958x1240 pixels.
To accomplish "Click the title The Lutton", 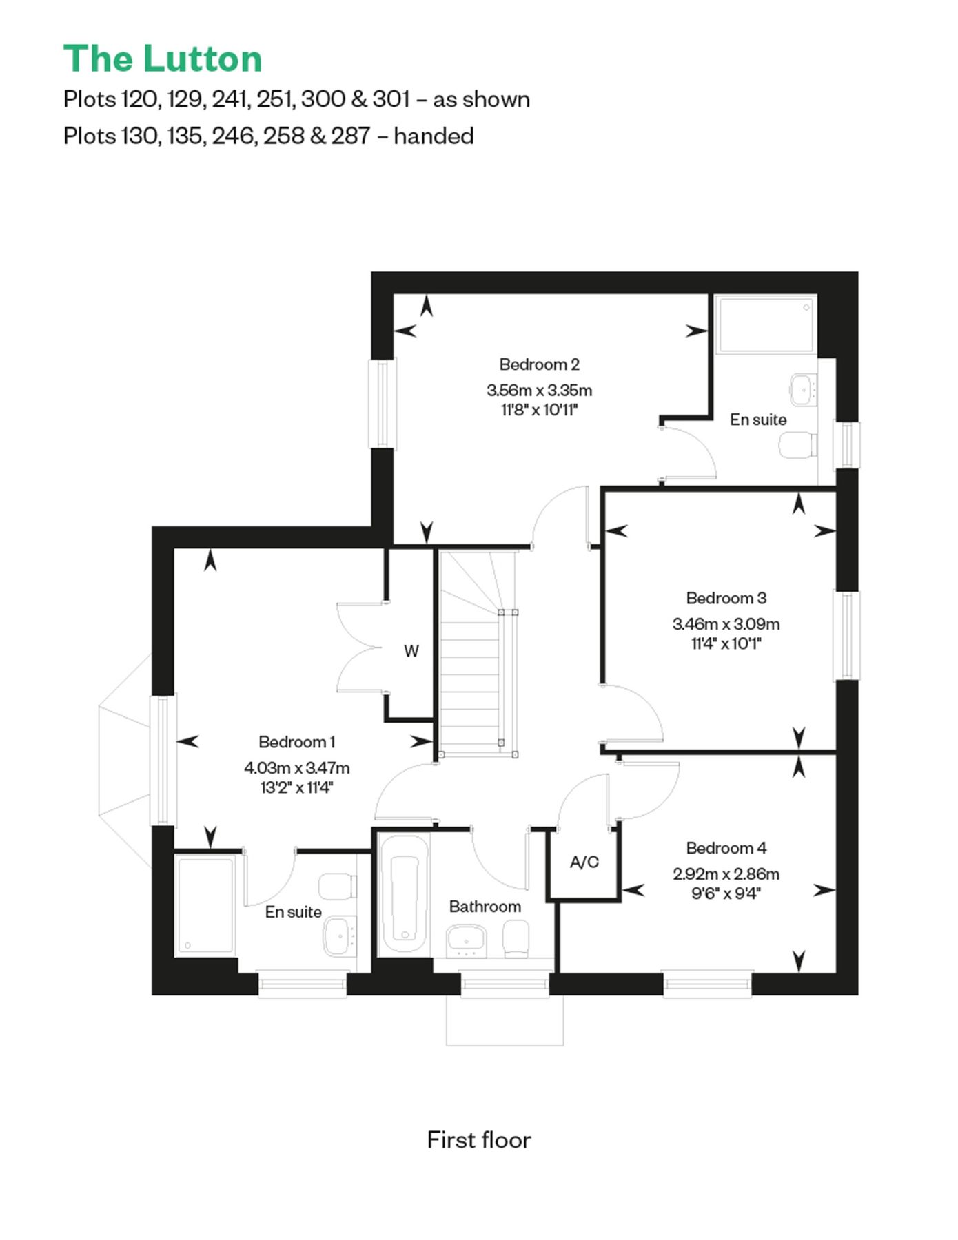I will (163, 59).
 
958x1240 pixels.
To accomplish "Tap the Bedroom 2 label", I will (539, 364).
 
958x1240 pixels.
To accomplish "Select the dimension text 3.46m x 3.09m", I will (726, 624).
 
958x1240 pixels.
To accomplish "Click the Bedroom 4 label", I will (726, 848).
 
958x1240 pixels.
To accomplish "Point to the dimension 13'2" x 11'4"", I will (296, 787).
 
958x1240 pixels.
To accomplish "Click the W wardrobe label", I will (411, 651).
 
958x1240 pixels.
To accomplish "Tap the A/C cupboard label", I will (584, 862).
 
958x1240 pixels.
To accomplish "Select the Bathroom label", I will (485, 907).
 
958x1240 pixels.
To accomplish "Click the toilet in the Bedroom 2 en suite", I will (798, 446).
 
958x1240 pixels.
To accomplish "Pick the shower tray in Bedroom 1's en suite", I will (204, 905).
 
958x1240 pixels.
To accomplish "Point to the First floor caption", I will (479, 1140).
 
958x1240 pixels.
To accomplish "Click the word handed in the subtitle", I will (434, 136).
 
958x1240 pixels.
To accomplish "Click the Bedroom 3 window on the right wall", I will (848, 635).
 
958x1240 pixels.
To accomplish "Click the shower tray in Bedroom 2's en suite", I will (765, 324).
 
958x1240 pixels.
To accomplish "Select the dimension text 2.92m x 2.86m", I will (726, 874).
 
